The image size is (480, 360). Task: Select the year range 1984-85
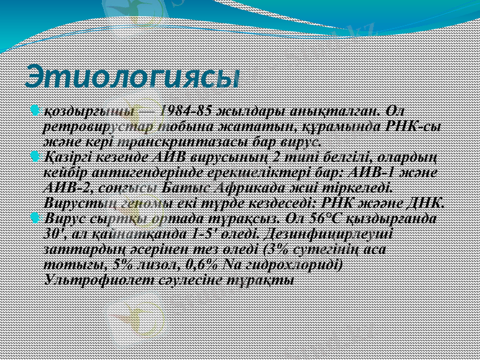point(182,112)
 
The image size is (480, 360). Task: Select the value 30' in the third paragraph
point(56,231)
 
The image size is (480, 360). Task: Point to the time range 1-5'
point(185,231)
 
